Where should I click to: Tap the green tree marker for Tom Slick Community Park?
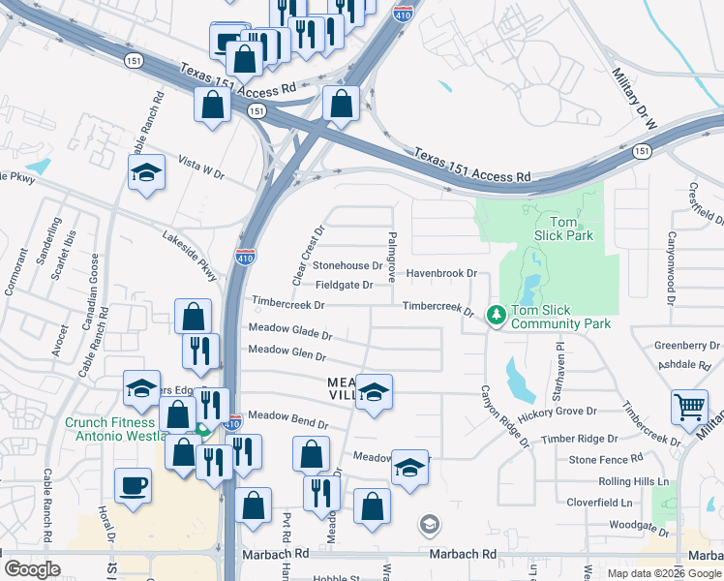pyautogui.click(x=497, y=315)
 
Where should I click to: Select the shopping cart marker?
pyautogui.click(x=690, y=408)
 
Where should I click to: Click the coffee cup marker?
pyautogui.click(x=133, y=485)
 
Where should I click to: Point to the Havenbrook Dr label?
pyautogui.click(x=441, y=274)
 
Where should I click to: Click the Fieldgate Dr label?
pyautogui.click(x=345, y=285)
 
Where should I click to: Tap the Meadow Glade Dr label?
pyautogui.click(x=290, y=331)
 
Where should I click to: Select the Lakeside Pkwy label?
pyautogui.click(x=191, y=256)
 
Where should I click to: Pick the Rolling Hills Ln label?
pyautogui.click(x=633, y=481)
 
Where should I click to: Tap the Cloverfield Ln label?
pyautogui.click(x=599, y=503)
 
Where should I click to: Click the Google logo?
pyautogui.click(x=33, y=569)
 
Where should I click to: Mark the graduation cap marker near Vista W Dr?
pyautogui.click(x=147, y=172)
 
